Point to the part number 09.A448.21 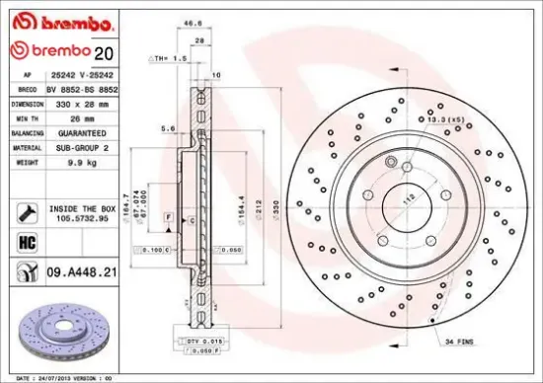pos(84,266)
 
